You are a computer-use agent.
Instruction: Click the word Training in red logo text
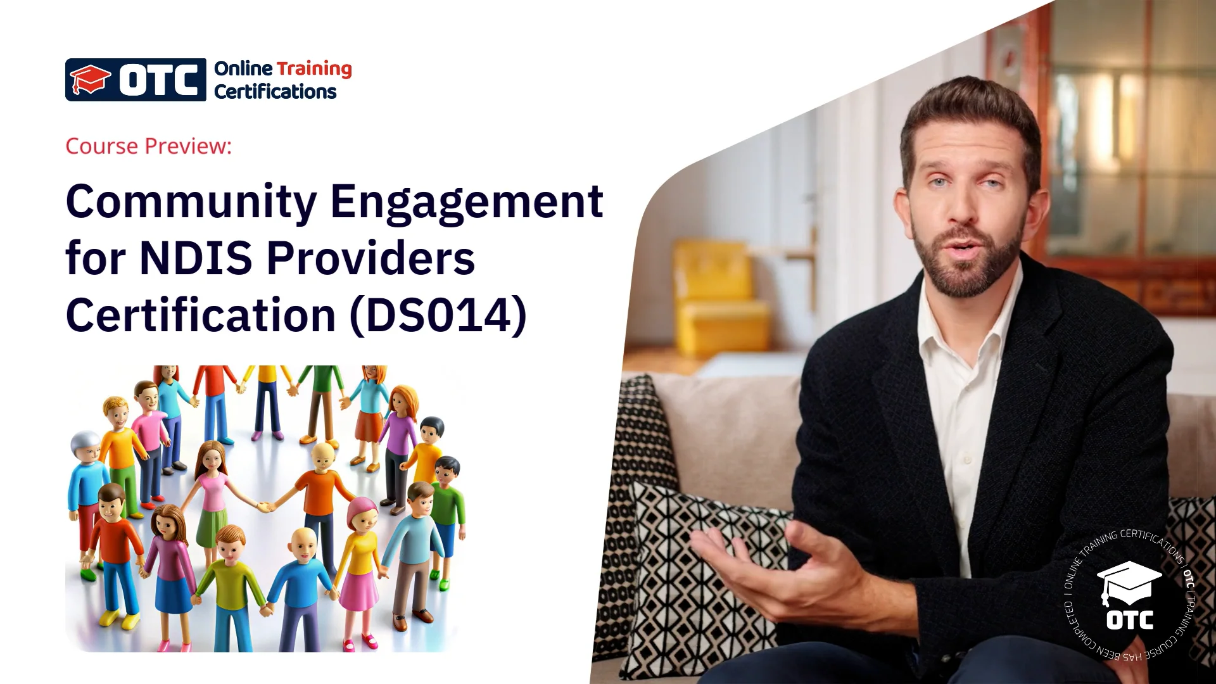coord(314,69)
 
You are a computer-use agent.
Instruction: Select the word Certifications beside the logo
coord(275,92)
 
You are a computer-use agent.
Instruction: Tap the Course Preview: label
coord(149,146)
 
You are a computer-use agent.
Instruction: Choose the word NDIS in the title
coord(196,258)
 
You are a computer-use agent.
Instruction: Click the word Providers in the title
coord(371,258)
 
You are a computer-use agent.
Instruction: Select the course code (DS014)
coord(438,315)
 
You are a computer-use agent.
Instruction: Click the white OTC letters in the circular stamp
coord(1129,620)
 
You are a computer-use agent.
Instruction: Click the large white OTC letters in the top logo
coord(159,80)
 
